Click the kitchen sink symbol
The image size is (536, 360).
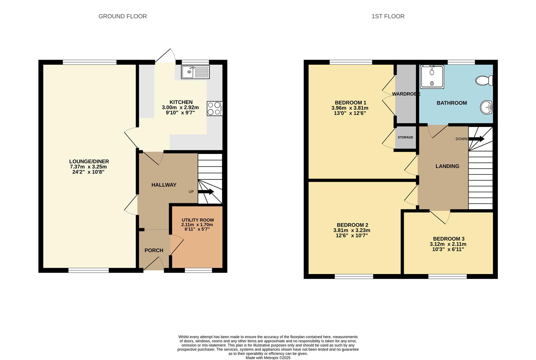(195, 72)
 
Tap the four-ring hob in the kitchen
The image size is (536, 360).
(214, 108)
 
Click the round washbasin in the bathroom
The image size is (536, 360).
(487, 107)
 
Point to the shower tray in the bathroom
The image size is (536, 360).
(432, 77)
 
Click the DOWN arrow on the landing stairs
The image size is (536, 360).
(476, 139)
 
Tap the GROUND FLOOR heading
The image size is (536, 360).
(123, 16)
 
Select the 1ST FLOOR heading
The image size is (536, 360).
(388, 16)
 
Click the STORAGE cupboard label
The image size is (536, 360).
(405, 137)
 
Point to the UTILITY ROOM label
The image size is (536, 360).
(198, 220)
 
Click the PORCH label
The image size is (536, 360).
(154, 250)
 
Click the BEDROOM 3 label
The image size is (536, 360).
(448, 239)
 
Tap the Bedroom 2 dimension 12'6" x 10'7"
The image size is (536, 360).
(352, 235)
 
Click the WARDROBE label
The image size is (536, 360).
(406, 94)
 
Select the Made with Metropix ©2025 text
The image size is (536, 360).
(268, 358)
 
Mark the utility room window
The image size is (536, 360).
(198, 270)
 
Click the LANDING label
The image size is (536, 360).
(447, 166)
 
